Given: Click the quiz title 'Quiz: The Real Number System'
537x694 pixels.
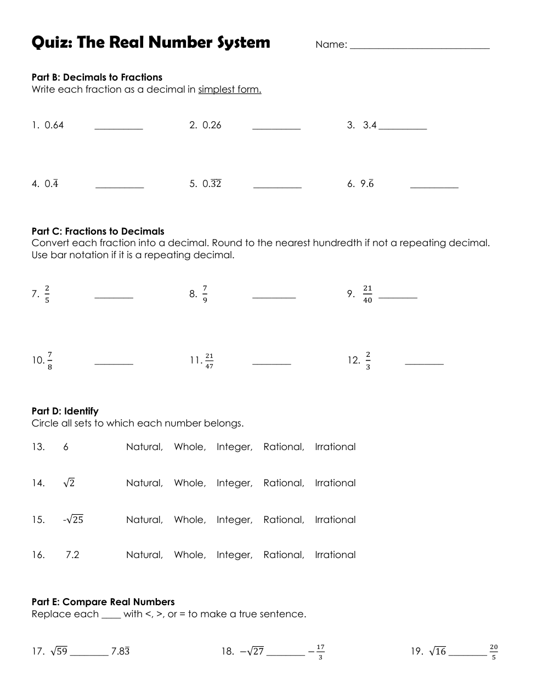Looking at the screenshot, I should point(151,42).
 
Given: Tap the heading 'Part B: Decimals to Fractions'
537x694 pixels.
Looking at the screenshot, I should point(97,77).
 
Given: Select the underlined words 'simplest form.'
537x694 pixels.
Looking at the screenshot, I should point(229,89).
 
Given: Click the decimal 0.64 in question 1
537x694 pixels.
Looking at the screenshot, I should point(54,125).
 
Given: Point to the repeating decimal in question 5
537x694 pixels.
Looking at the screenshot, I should point(212,184).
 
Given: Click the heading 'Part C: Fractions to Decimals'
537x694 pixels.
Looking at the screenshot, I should point(98,231).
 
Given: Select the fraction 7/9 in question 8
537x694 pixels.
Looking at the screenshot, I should point(205,294).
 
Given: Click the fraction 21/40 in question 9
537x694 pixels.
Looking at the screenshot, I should point(368,294).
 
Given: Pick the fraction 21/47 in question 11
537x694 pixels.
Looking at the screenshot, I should point(209,361).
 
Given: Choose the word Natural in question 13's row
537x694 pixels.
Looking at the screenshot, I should point(144,447).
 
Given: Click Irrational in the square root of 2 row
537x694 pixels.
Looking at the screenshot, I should point(335,483).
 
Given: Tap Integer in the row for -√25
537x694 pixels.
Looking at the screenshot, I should point(234,520).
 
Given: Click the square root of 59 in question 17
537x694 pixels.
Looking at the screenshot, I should point(59,651).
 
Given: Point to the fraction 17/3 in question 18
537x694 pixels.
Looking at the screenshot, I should point(320,652).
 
